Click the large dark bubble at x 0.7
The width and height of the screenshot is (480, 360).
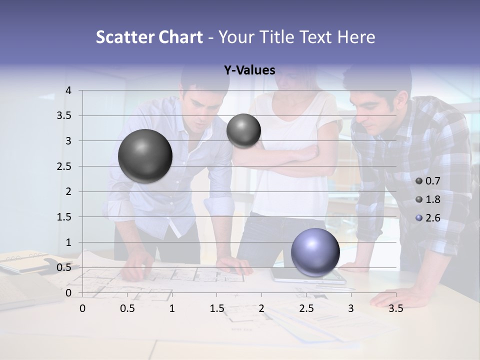(x=145, y=156)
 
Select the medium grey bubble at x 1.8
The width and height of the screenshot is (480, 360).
(x=243, y=130)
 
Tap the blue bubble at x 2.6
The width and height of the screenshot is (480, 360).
(x=315, y=252)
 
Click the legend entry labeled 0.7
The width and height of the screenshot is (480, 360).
(x=428, y=180)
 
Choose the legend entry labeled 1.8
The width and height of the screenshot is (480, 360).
(x=428, y=199)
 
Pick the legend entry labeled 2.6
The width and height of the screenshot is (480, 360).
(x=428, y=218)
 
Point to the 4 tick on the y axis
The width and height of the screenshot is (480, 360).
(x=68, y=90)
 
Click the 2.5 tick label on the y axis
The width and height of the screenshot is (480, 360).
(x=64, y=166)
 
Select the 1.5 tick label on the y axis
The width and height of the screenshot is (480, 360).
(x=64, y=217)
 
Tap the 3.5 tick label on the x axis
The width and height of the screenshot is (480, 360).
(x=395, y=308)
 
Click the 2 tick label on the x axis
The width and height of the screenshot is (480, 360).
(x=261, y=308)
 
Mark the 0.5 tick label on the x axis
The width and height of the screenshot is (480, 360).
(x=127, y=308)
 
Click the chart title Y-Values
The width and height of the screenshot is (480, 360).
(x=249, y=70)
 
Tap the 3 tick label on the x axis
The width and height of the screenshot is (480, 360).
(x=351, y=308)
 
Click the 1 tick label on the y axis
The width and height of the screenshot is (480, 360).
(x=68, y=242)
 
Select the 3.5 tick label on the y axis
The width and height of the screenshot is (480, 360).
(x=64, y=116)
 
